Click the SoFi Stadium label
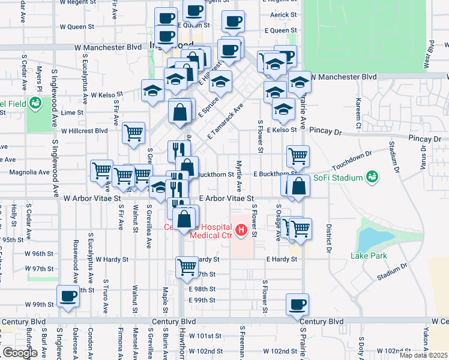[339, 178]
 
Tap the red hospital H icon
[242, 230]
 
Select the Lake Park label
[369, 256]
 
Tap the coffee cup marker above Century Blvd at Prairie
[298, 304]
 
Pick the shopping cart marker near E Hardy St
[187, 268]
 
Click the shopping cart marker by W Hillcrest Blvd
[133, 134]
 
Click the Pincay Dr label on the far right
[424, 139]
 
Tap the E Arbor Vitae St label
[227, 197]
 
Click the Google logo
[20, 352]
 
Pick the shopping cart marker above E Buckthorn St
[298, 157]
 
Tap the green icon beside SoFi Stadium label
[373, 177]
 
